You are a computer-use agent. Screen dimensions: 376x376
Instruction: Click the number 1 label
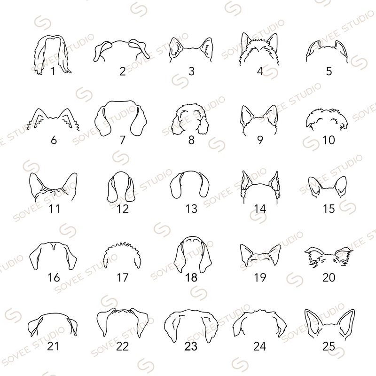point(53,71)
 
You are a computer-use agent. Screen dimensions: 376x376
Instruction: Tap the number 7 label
point(123,140)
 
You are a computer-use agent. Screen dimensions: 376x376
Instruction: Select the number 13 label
point(191,209)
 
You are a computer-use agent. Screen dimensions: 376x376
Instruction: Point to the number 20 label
point(329,278)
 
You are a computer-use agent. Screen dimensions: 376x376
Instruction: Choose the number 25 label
point(329,346)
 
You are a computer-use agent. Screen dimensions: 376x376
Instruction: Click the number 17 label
point(123,278)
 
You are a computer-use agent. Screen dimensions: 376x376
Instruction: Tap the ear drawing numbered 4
point(259,49)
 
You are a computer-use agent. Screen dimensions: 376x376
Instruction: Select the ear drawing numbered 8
point(191,119)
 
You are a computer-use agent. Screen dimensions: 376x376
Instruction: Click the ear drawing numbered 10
point(327,119)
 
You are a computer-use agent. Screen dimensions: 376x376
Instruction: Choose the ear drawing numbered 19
point(260,257)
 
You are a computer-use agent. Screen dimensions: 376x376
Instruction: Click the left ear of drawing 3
point(175,49)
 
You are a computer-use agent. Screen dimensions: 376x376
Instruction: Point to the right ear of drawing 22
point(140,322)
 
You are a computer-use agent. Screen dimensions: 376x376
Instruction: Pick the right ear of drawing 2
point(139,49)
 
